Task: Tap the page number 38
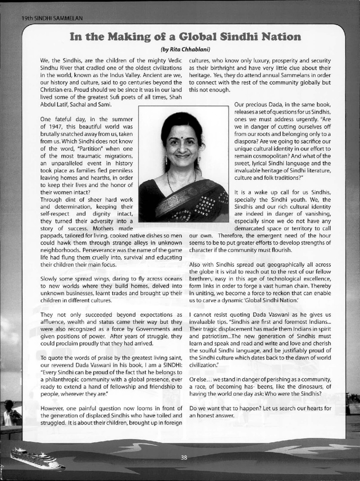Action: pos(184,458)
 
